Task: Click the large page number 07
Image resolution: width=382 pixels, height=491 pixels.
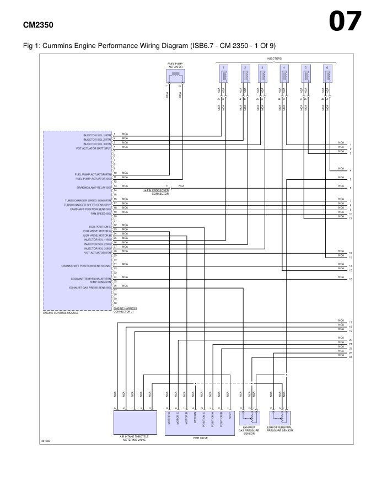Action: coord(345,22)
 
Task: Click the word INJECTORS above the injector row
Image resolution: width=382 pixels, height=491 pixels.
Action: coord(274,58)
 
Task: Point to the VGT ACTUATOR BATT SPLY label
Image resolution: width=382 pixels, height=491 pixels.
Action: coord(93,148)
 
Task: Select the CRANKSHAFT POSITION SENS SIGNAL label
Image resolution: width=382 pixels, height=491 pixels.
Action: coord(87,266)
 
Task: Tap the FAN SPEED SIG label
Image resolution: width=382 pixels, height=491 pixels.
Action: coord(100,214)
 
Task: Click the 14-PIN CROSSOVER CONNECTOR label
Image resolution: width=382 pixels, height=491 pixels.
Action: coord(155,192)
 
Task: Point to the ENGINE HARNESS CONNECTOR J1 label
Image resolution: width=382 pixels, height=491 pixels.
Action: coord(125,310)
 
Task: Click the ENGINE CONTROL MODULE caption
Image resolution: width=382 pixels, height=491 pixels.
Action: coord(61,313)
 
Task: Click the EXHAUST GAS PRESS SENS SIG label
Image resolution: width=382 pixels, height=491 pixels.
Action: coord(90,287)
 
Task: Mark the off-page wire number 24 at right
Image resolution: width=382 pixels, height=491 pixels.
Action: coord(351,357)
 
